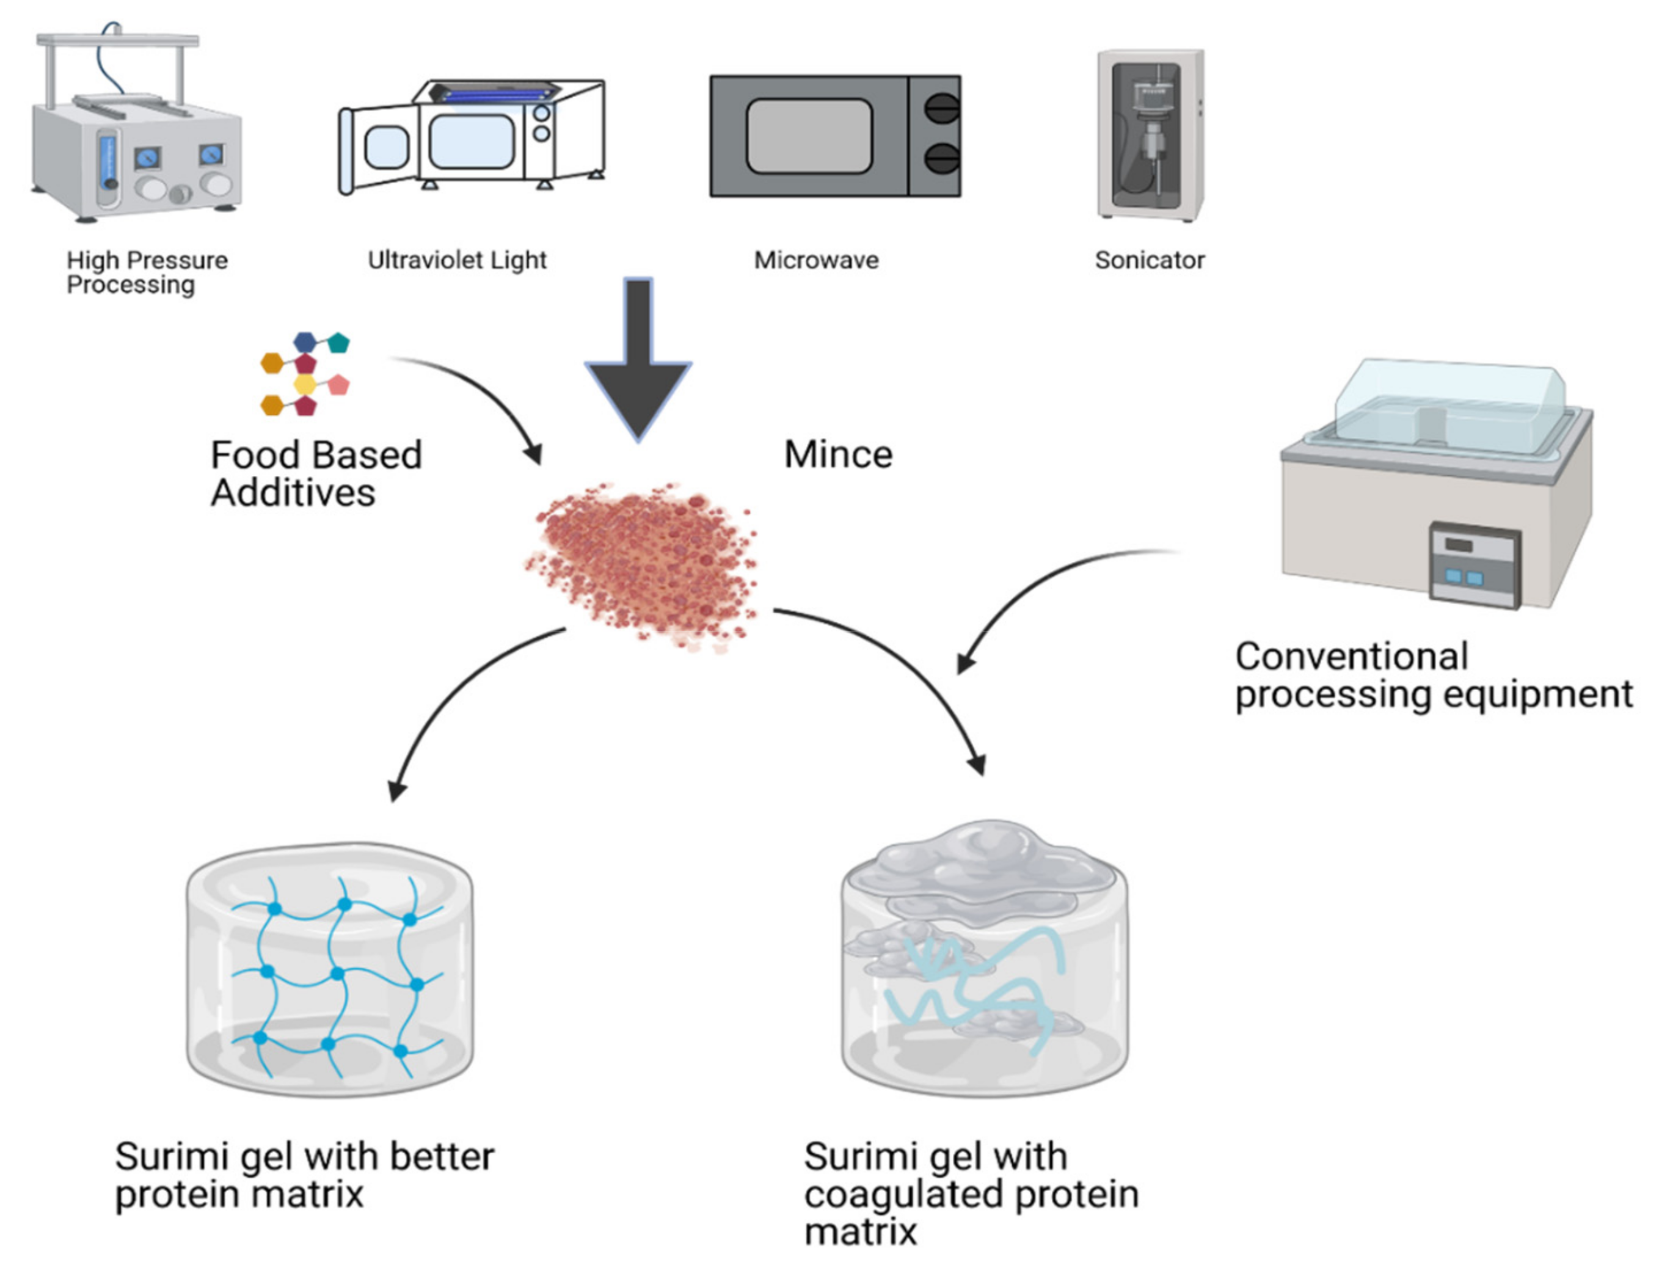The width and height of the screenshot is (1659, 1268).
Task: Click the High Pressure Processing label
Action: pyautogui.click(x=147, y=272)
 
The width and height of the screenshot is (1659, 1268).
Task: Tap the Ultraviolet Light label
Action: pyautogui.click(x=457, y=260)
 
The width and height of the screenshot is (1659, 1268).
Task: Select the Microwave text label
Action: pyautogui.click(x=816, y=260)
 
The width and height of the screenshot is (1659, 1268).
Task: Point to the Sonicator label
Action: pyautogui.click(x=1149, y=260)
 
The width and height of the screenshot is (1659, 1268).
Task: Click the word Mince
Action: pyautogui.click(x=838, y=454)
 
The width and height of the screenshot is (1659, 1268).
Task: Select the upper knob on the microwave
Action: pyautogui.click(x=941, y=109)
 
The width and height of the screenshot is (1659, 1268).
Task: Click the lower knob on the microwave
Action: pyautogui.click(x=941, y=159)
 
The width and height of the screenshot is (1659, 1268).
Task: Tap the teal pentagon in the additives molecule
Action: pyautogui.click(x=339, y=343)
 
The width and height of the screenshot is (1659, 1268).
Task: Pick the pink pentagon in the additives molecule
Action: pyautogui.click(x=339, y=385)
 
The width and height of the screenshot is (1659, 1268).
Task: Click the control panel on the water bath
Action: pyautogui.click(x=1473, y=564)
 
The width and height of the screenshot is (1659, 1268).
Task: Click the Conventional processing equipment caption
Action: pyautogui.click(x=1432, y=676)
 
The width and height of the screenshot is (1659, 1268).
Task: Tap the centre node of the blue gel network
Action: pyautogui.click(x=337, y=974)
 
